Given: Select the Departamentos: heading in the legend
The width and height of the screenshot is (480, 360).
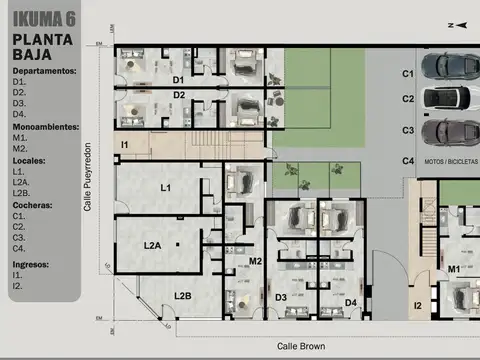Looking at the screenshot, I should coord(44,72).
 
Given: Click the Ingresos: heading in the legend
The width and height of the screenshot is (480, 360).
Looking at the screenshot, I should coord(34,265).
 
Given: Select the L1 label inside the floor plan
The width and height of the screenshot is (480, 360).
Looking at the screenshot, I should coord(166,188).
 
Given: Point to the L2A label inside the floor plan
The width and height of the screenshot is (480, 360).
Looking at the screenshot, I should coord(152,244).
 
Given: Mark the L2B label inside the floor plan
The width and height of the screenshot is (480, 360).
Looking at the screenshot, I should coord(182,295).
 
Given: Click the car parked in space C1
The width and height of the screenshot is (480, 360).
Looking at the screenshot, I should coord(449,66).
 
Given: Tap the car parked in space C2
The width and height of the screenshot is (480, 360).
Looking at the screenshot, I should coord(449,98).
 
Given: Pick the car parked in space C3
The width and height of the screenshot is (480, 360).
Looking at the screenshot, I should coord(449,131).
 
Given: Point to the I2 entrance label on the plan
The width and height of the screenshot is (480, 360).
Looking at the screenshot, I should coord(418,305).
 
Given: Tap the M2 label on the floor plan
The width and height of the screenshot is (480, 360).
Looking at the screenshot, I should coord(255,261).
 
